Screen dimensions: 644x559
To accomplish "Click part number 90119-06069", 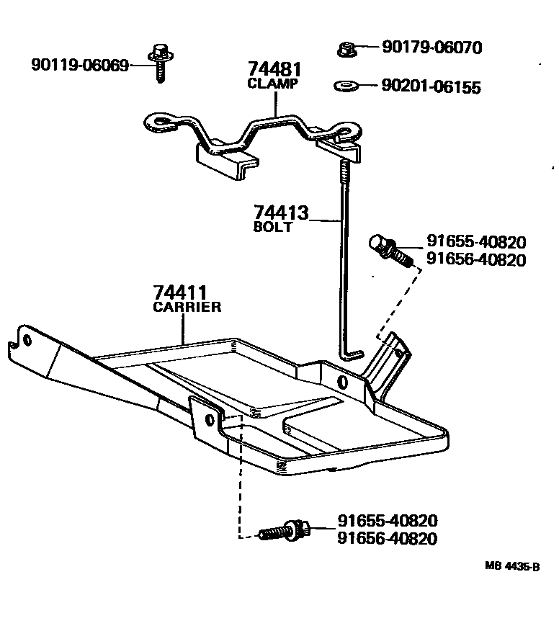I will click(79, 66).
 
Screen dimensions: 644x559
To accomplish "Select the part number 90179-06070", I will click(431, 48).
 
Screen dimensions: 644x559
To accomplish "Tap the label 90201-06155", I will click(431, 87).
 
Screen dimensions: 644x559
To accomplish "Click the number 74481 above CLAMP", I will click(274, 70).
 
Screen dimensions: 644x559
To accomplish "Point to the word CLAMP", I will click(273, 84).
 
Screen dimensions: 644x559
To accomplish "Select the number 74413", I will click(280, 213).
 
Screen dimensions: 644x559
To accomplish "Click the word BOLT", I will click(273, 227).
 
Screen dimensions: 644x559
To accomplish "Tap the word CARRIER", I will click(187, 307).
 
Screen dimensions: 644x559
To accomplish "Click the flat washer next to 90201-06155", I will click(347, 87).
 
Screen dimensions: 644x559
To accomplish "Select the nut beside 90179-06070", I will click(346, 49).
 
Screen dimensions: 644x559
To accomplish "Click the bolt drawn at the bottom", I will click(285, 532).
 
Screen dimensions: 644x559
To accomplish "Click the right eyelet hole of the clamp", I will click(350, 132).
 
